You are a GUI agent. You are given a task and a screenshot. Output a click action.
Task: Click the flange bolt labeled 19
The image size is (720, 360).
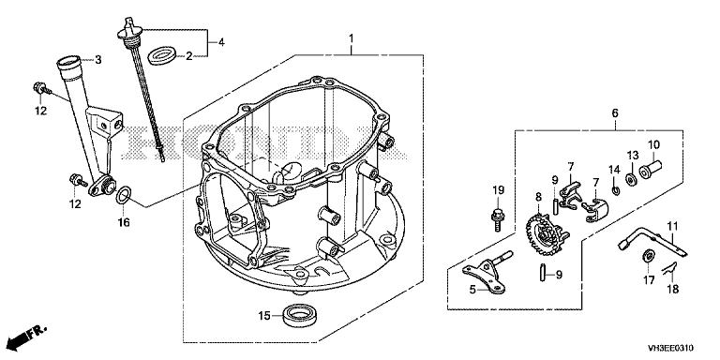click(497, 220)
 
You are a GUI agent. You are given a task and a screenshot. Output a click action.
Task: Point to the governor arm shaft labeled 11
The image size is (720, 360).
click(652, 240)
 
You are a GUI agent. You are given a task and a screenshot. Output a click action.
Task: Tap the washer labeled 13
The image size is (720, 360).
click(630, 177)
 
